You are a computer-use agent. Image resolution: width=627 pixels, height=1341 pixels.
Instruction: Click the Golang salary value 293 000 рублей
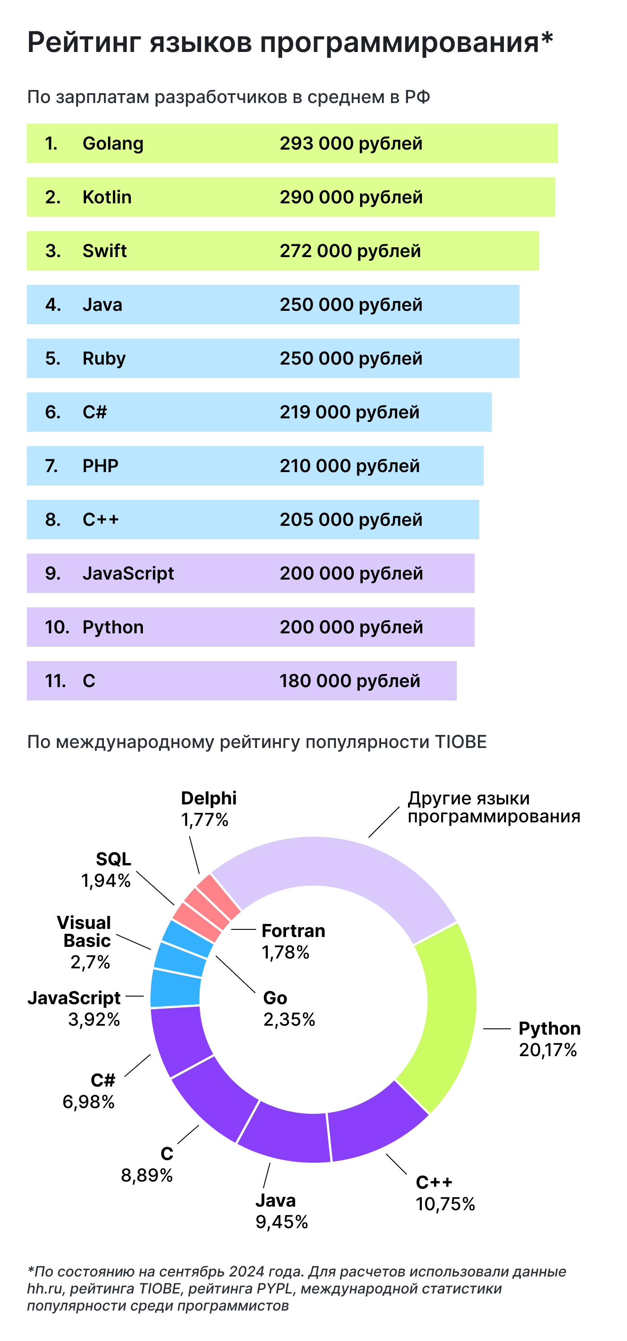click(351, 143)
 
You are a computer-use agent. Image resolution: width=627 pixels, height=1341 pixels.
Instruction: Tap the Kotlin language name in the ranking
click(107, 197)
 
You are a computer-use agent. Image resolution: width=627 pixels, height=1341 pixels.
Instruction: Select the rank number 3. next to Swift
click(52, 251)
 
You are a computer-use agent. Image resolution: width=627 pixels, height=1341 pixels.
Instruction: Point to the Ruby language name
click(104, 358)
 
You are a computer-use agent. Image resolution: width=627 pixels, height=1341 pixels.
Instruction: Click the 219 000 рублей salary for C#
click(349, 412)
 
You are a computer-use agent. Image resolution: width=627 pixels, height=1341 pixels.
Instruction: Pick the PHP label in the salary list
click(100, 465)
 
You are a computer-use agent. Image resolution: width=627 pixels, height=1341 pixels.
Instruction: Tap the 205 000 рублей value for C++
click(351, 519)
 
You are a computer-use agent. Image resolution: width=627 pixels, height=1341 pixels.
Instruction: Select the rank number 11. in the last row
click(55, 680)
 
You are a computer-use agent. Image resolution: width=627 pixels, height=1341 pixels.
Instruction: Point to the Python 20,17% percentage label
click(547, 1050)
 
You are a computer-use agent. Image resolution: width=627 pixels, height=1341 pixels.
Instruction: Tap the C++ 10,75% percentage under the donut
click(445, 1204)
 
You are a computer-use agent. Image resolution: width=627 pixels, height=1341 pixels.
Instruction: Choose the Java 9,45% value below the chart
click(282, 1222)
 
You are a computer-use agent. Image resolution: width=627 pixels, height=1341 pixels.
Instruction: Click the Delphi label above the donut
click(209, 798)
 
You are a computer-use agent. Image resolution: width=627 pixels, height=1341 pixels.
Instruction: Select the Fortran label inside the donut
click(293, 930)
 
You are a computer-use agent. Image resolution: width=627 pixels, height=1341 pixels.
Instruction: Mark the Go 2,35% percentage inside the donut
click(289, 1019)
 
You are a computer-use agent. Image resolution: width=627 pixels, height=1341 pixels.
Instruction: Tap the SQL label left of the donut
click(113, 859)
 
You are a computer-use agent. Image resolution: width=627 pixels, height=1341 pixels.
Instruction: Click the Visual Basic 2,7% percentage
click(90, 962)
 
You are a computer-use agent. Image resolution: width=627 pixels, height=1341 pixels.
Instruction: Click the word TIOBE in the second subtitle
click(460, 741)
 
